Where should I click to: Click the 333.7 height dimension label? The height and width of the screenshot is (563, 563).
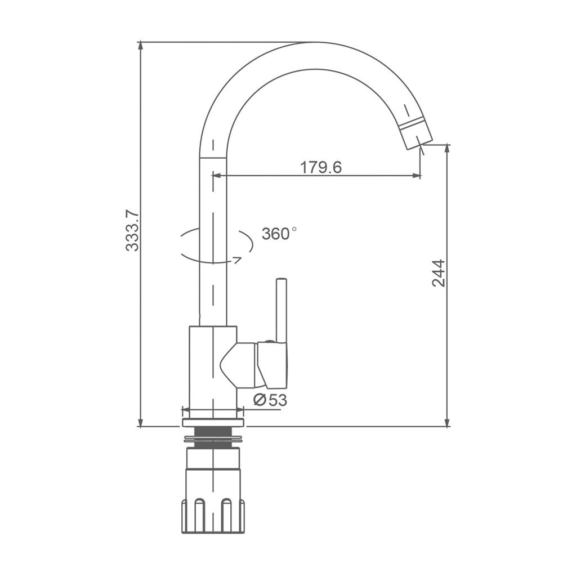[x=132, y=231]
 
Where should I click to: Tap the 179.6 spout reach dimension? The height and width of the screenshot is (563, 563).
[x=321, y=167]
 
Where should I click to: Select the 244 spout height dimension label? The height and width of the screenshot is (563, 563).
[x=439, y=273]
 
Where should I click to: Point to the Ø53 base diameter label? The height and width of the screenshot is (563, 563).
[x=270, y=400]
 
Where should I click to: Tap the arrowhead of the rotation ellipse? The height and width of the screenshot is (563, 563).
[x=238, y=260]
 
